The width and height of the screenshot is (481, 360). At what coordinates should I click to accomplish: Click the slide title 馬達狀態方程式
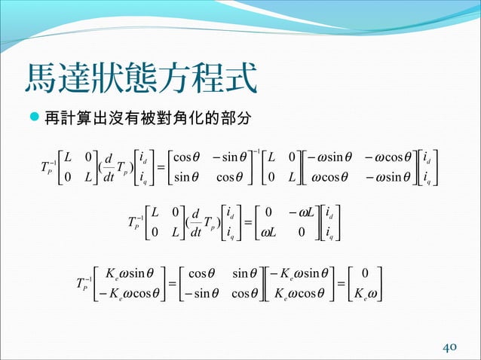pyautogui.click(x=140, y=78)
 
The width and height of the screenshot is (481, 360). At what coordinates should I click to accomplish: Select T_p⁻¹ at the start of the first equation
pyautogui.click(x=43, y=167)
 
